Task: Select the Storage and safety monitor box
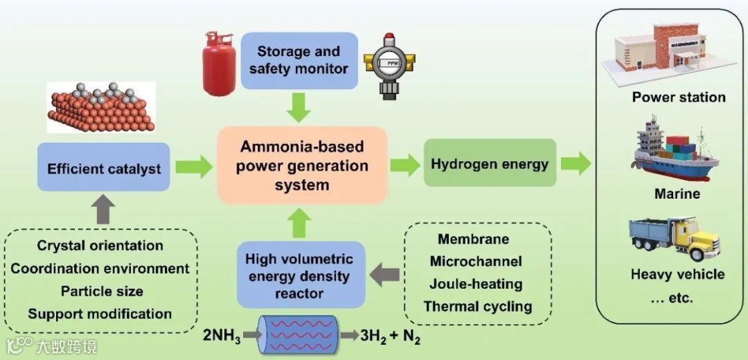[299, 60]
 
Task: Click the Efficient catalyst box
[104, 168]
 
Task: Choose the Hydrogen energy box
[490, 163]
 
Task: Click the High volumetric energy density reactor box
[299, 276]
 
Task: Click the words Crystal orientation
[100, 246]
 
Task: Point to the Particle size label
[100, 291]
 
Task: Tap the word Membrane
[474, 240]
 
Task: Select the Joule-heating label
[476, 284]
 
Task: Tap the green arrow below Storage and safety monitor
[299, 108]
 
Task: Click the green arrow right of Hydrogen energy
[576, 164]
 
